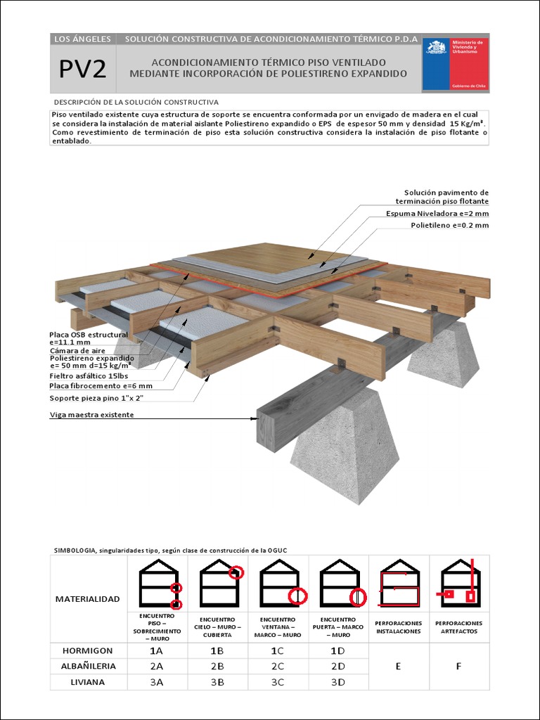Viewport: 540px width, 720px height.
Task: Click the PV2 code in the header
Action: point(82,69)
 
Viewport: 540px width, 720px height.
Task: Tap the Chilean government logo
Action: point(455,64)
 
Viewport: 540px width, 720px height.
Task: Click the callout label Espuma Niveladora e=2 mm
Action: point(437,213)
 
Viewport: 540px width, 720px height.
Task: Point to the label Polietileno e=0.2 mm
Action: point(449,225)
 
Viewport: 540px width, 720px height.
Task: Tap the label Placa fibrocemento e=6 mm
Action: point(101,385)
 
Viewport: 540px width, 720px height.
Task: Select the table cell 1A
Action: point(157,650)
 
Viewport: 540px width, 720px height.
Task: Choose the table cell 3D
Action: point(338,681)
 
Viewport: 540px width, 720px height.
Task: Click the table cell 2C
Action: point(278,666)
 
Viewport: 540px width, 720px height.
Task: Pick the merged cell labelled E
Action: point(398,666)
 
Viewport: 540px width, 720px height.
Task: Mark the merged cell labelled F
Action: point(458,666)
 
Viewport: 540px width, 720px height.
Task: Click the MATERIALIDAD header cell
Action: point(89,599)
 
